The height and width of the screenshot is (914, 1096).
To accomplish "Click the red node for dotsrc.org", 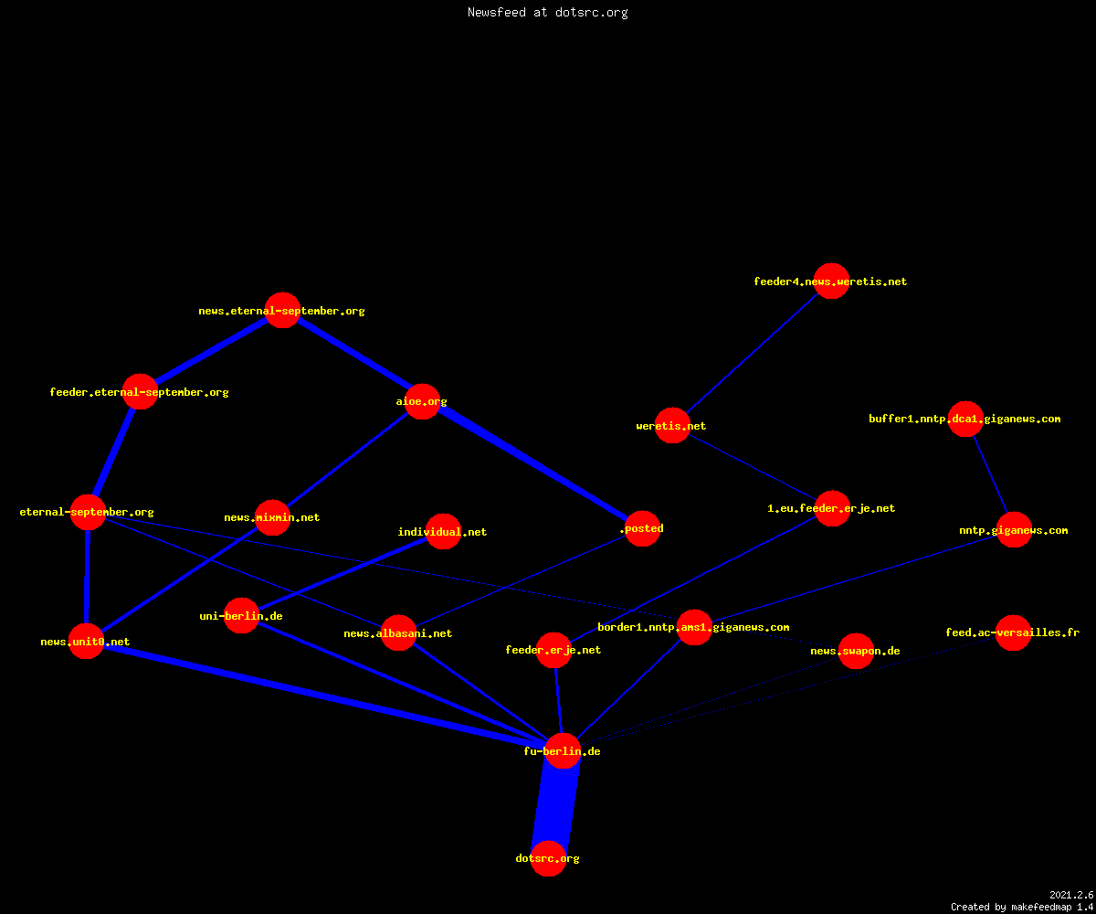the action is pos(549,858).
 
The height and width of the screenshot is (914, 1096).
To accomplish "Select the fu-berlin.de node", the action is pos(563,750).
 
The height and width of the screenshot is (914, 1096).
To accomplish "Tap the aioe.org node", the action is pos(423,402).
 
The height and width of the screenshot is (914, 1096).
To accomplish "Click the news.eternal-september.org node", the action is pos(282,311).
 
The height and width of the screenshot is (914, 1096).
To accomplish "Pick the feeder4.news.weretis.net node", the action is pos(831,281).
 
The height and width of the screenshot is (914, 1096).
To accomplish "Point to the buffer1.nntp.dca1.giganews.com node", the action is pos(965,419).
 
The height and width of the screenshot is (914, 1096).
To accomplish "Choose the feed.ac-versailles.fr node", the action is pos(1014,633).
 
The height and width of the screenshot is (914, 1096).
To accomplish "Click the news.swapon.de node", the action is pos(856,652).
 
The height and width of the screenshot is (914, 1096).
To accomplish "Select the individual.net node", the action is pos(444,532).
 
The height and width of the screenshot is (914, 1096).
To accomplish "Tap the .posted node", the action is pos(642,528).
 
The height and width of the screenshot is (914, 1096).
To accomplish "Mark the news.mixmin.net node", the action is pos(272,517).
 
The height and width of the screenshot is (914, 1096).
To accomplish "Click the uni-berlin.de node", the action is pos(241,616).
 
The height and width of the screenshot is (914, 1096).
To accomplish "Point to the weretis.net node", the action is pos(672,426).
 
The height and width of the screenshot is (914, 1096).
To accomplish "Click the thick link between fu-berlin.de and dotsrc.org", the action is pos(556,804).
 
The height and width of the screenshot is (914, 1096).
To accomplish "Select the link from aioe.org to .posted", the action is pos(532,465).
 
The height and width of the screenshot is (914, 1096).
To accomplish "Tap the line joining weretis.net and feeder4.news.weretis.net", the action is pos(753,353).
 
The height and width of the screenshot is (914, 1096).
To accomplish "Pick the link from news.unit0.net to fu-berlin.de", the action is pos(324,696).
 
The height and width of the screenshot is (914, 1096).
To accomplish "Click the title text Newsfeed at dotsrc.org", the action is pos(547,12).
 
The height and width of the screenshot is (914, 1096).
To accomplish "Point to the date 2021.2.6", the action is pos(1071,895).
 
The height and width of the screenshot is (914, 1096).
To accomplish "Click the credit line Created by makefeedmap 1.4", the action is pos(1022,907).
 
